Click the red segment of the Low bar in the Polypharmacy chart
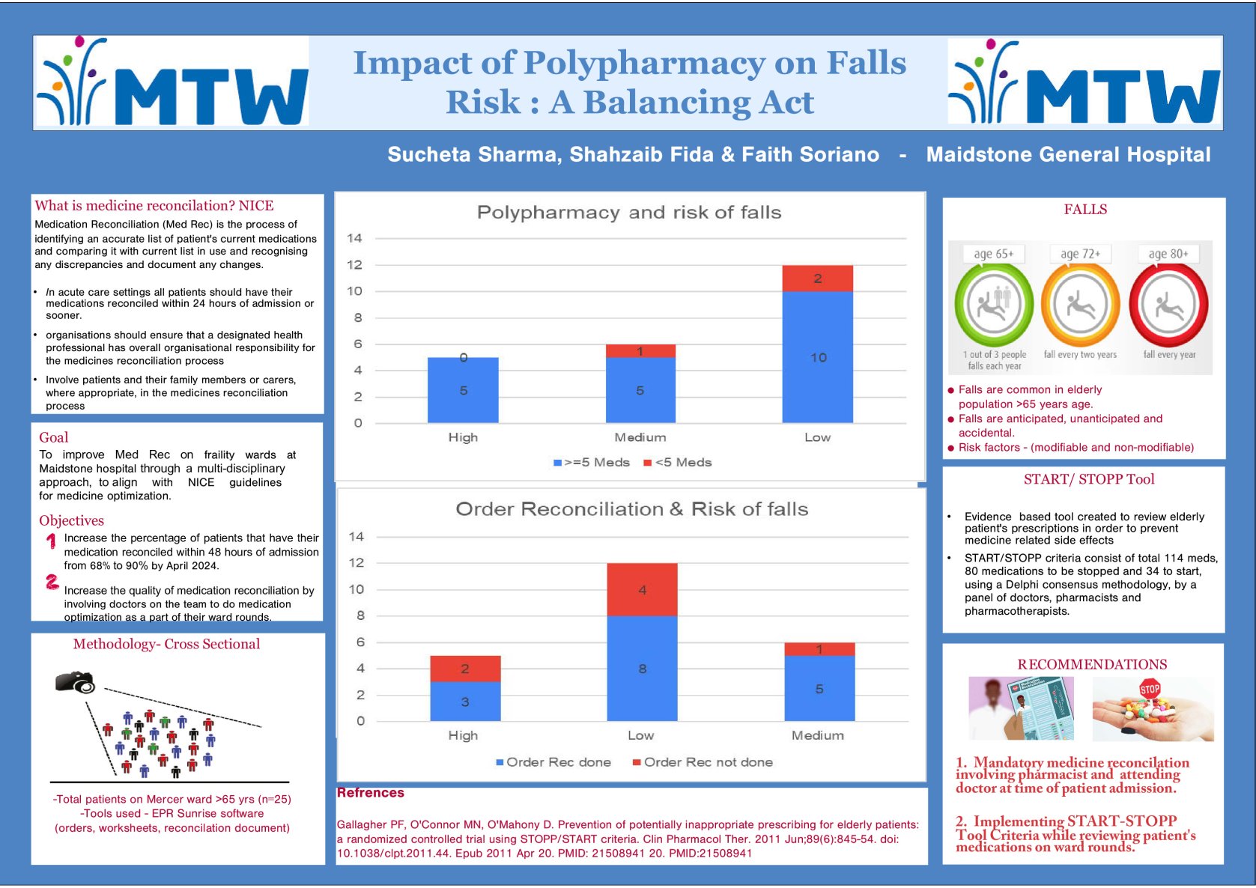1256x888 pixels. tap(817, 279)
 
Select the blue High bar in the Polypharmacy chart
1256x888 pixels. tap(463, 390)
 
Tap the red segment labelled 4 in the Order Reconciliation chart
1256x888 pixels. tap(642, 590)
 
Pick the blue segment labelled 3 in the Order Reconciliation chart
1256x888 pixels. tap(465, 702)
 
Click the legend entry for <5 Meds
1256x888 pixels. tap(678, 463)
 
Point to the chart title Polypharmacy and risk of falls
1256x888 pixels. tap(629, 213)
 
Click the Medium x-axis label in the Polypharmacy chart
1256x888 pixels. tap(640, 437)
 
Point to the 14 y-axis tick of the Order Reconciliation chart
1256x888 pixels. tap(357, 537)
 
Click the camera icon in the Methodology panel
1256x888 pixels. tap(75, 682)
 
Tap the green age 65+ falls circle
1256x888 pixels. tap(994, 304)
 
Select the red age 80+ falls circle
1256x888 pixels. tap(1168, 305)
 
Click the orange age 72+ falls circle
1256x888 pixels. tap(1080, 305)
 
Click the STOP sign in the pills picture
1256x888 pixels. tap(1150, 689)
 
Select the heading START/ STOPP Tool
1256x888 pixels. tap(1089, 479)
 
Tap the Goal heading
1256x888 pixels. tap(54, 437)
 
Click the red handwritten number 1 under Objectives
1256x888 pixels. tap(51, 541)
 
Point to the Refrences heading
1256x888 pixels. tap(371, 793)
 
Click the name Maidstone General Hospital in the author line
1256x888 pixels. tap(1068, 155)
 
